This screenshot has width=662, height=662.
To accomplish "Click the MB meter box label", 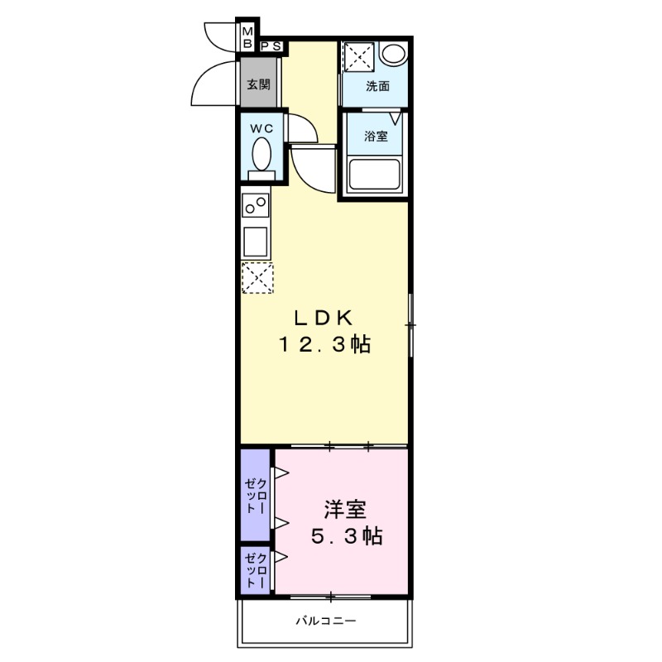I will point(247,36).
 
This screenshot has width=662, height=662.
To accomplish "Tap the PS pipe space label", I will point(271,47).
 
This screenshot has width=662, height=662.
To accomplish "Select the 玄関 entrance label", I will point(258,84).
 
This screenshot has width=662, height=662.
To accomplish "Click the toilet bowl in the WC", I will point(261,154).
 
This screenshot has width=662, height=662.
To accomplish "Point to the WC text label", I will point(261,128).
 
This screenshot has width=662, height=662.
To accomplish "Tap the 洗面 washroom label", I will point(377,86).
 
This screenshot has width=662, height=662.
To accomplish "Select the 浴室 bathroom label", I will point(377,136).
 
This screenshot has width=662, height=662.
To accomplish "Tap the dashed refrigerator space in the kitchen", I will point(257,277).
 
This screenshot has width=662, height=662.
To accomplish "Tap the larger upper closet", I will point(255,495).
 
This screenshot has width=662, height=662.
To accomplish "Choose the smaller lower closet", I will point(255,569).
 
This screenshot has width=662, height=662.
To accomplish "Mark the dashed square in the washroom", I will point(359,55).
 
